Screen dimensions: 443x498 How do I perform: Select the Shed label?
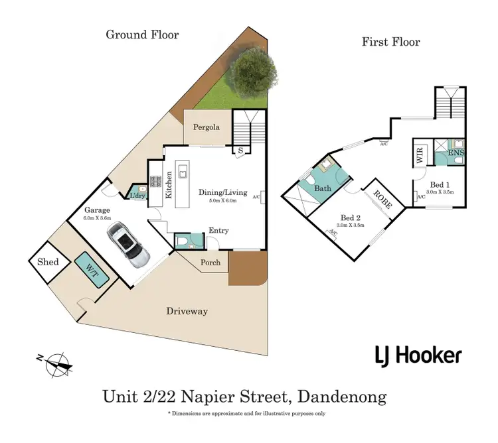(48, 262)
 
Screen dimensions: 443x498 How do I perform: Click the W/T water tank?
(92, 269)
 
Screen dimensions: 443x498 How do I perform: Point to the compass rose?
(55, 362)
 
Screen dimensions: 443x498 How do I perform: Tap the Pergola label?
(207, 127)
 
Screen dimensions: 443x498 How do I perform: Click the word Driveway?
(187, 311)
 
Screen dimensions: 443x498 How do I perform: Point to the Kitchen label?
(169, 185)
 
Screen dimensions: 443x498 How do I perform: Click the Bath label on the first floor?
(323, 188)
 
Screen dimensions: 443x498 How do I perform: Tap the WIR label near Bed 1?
(420, 157)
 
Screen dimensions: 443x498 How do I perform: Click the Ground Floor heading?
(142, 34)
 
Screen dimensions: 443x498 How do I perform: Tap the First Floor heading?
(390, 42)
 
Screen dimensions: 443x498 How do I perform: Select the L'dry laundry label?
(137, 196)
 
